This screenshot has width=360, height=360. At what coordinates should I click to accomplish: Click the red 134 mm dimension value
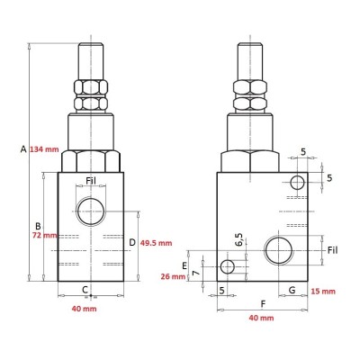(44, 149)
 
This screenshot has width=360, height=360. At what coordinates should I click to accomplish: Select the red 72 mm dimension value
(44, 235)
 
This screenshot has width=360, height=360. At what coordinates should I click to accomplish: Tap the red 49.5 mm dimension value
(157, 243)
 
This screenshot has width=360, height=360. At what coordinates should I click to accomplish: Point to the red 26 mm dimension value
(173, 276)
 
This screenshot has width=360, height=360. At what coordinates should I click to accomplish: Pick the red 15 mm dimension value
(323, 291)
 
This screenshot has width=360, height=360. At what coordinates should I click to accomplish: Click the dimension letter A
(23, 148)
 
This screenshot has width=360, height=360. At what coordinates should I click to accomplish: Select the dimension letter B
(38, 226)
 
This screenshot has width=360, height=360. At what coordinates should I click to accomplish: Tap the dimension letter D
(132, 242)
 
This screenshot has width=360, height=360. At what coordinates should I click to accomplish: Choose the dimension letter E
(184, 265)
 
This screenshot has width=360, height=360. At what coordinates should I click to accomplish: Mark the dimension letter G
(292, 290)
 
